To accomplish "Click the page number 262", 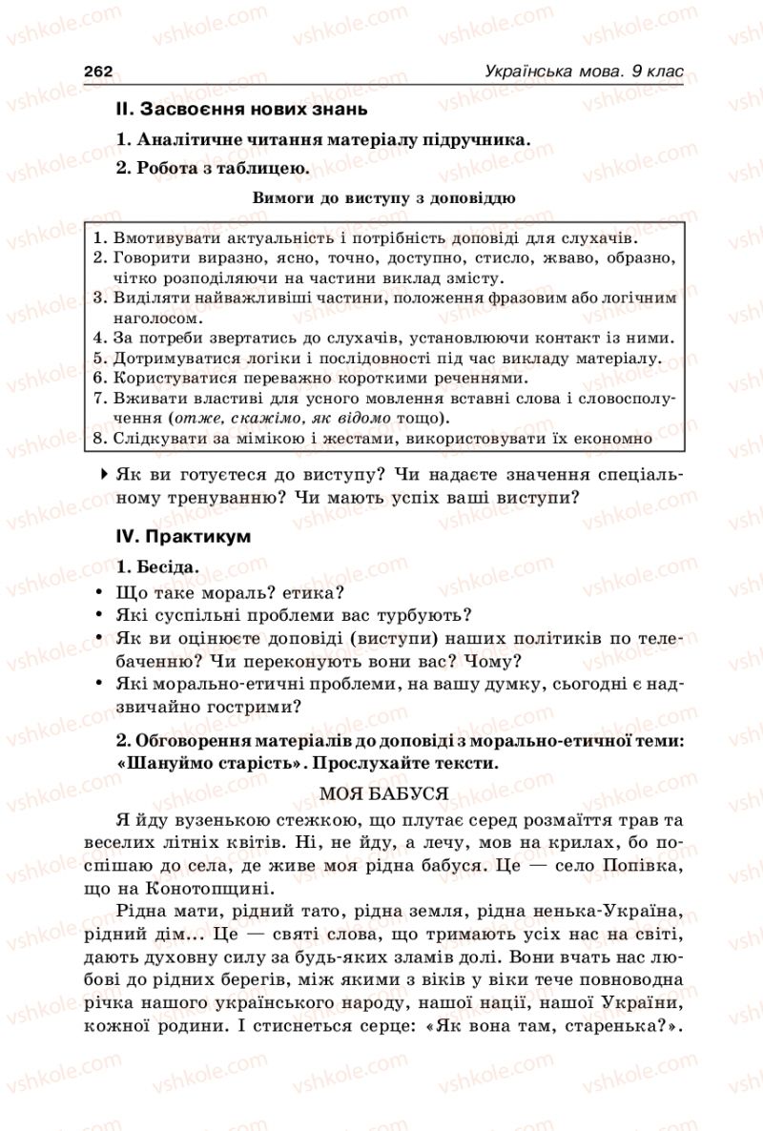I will (99, 71).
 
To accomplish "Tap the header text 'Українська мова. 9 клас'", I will (585, 71).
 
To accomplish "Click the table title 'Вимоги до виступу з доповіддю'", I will (384, 198).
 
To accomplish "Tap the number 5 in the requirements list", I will (98, 358).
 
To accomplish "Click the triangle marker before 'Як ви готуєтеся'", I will (103, 473).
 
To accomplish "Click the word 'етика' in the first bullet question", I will (304, 591).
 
